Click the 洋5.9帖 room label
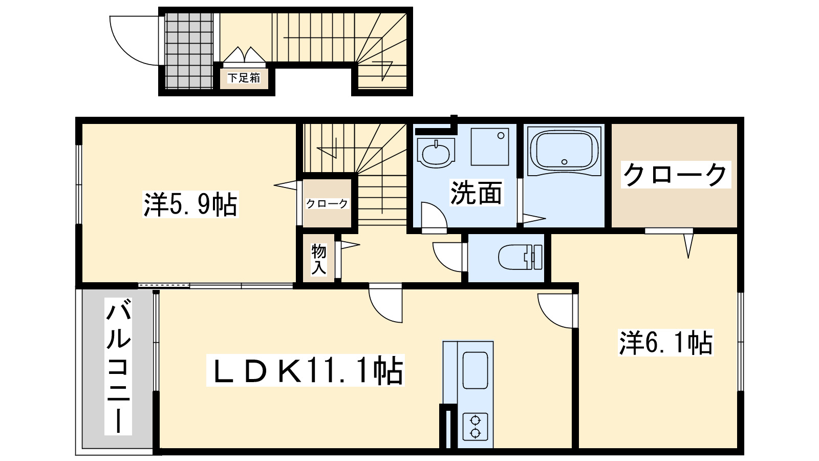point(190,205)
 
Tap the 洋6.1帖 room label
point(666,343)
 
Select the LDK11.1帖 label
point(305,370)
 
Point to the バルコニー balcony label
point(118,367)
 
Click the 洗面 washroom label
point(476,193)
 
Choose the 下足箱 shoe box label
point(244,78)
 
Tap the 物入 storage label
point(318,259)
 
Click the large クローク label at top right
point(675,175)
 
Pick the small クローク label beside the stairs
point(327,204)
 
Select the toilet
point(519,257)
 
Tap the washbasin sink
point(436,152)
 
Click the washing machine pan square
point(490,146)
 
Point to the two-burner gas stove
point(476,427)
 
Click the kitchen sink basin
point(475,370)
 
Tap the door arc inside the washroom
point(434,215)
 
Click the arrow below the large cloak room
point(688,245)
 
